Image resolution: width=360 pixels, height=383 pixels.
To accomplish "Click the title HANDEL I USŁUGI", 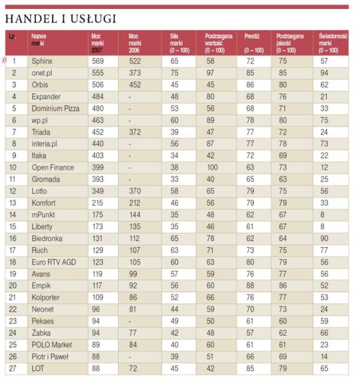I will click(x=60, y=19).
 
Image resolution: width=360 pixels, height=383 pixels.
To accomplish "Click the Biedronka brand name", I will click(x=46, y=238).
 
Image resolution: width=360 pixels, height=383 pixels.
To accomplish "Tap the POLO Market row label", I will click(x=51, y=345).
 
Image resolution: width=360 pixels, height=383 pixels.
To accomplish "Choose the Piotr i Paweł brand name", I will click(x=50, y=357).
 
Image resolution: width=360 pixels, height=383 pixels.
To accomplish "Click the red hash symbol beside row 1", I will click(x=4, y=60).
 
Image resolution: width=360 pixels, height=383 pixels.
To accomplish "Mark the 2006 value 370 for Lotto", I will click(x=136, y=191).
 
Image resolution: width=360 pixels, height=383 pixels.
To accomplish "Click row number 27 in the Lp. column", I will click(x=14, y=368).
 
